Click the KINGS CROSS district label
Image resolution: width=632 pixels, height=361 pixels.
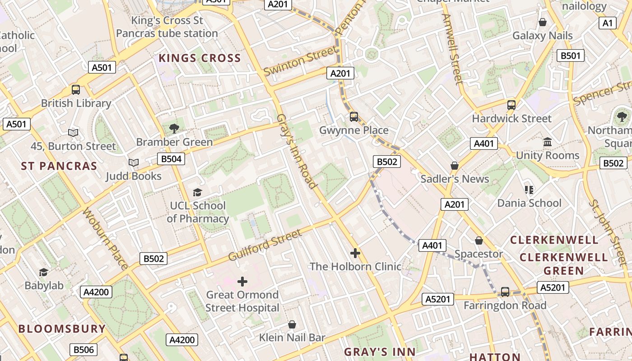click(x=200, y=58)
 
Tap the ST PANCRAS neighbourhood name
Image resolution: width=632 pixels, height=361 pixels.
click(x=59, y=166)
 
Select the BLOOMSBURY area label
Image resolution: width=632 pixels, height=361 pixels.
click(x=62, y=329)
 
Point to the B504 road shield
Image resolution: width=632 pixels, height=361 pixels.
click(x=171, y=159)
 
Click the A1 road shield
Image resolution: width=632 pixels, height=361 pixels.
click(x=608, y=23)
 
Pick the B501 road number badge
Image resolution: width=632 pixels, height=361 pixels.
click(x=571, y=56)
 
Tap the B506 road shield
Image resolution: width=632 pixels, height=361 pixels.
click(x=84, y=350)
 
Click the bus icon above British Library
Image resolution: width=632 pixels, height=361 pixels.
click(x=76, y=90)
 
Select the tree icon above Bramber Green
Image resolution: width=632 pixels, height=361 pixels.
click(x=174, y=129)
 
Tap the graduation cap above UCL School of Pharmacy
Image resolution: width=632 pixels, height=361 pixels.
click(x=197, y=193)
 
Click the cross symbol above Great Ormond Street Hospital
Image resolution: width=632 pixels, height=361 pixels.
click(x=242, y=282)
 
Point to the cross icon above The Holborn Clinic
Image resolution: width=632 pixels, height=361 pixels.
click(x=355, y=253)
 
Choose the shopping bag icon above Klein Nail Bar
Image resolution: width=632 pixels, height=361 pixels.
click(x=292, y=324)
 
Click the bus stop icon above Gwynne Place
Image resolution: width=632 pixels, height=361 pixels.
click(x=354, y=117)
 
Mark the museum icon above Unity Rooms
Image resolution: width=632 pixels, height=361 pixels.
click(x=548, y=142)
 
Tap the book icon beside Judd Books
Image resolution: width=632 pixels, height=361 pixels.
click(x=133, y=162)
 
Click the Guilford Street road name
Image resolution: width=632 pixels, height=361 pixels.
click(x=265, y=245)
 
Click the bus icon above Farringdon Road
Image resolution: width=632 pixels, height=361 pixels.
click(x=505, y=292)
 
